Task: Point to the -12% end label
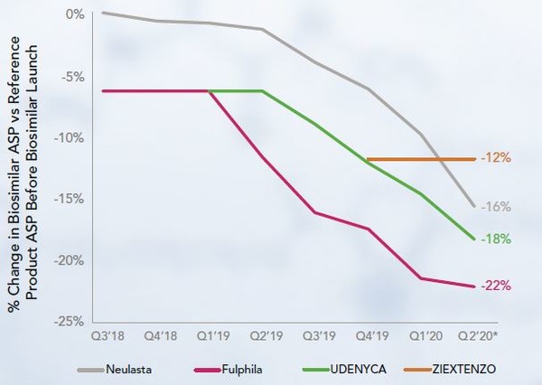tap(498, 158)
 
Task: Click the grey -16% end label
tap(497, 207)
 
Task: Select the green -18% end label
tap(498, 239)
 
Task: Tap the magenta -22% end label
tap(498, 286)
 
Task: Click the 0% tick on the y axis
tap(76, 15)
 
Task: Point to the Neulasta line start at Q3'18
tap(104, 13)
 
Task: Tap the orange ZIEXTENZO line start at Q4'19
tap(369, 159)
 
